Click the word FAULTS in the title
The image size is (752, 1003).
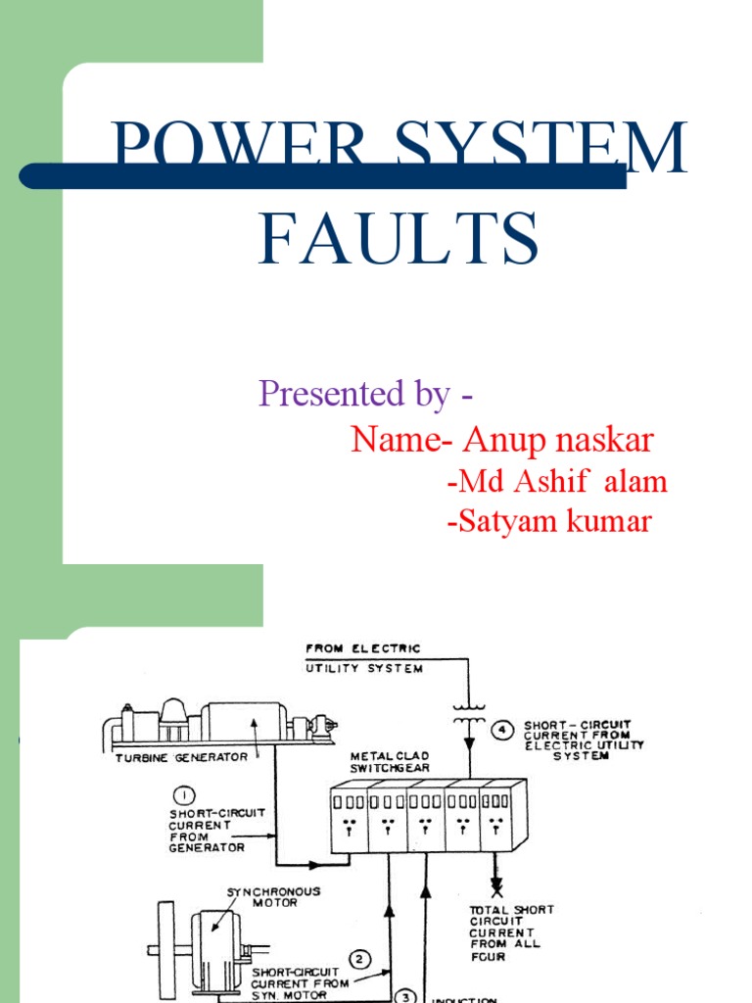tap(399, 239)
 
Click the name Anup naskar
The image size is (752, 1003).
tap(558, 441)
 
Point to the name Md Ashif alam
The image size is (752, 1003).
tap(556, 482)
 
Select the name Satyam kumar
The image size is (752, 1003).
tap(548, 522)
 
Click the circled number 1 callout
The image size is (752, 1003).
tap(186, 794)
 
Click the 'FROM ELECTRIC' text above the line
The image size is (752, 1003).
tap(363, 647)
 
